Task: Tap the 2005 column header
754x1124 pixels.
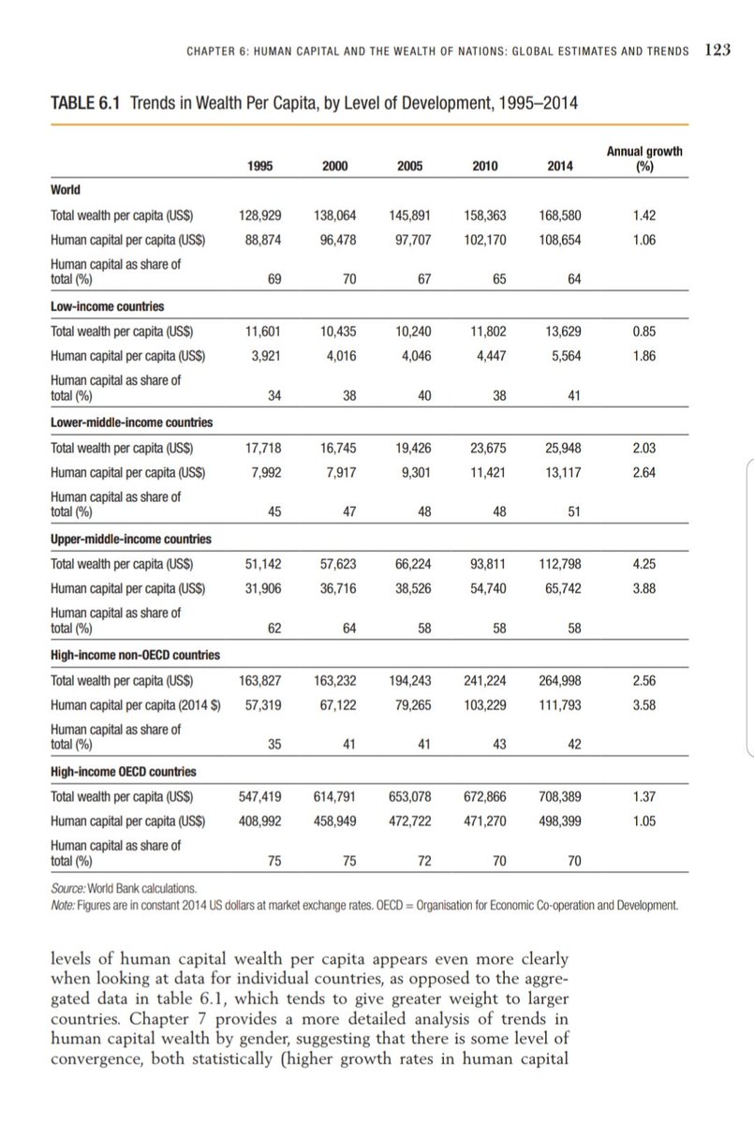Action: pos(409,166)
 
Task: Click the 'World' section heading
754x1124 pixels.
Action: pos(65,190)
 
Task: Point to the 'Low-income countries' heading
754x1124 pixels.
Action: pos(108,307)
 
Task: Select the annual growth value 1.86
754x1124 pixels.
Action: pos(643,355)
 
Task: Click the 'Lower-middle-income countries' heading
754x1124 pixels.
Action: pos(130,422)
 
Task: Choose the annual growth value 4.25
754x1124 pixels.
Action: pos(643,563)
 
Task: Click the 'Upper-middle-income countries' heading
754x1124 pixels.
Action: pos(130,540)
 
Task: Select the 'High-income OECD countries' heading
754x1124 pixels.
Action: pos(123,772)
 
